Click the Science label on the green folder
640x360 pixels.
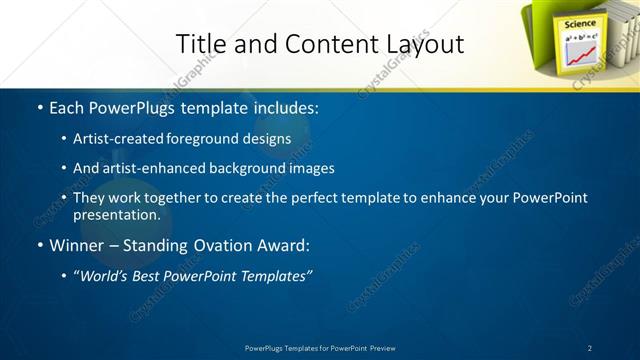point(581,23)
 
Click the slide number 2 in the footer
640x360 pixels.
point(590,348)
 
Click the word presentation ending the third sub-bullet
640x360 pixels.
point(116,214)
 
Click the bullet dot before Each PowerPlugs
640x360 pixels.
point(38,105)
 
